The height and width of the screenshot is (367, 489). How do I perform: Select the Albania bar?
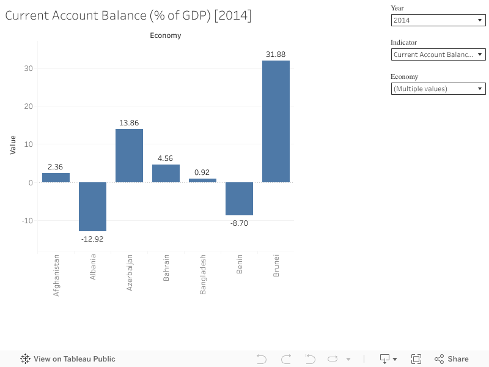[92, 206]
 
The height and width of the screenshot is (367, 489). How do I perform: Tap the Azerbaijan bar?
[129, 155]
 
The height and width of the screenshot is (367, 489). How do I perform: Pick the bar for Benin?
[239, 198]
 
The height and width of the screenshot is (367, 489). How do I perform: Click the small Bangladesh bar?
[202, 180]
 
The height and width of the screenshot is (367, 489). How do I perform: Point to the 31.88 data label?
[276, 54]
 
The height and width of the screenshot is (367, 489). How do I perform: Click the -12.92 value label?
[92, 239]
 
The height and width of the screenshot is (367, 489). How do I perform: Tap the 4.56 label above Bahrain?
[166, 158]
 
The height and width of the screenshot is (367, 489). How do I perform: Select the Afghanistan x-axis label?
[56, 275]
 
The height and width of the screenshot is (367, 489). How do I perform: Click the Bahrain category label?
[166, 268]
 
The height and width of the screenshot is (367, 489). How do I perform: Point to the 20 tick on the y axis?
[29, 106]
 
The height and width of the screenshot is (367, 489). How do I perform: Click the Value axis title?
[13, 144]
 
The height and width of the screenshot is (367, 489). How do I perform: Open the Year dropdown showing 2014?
[438, 20]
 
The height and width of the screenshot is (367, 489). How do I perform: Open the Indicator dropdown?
[438, 54]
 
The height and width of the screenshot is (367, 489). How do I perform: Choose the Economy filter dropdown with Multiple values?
[438, 89]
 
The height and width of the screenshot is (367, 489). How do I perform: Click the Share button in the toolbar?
[452, 359]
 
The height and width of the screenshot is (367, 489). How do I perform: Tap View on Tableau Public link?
[68, 359]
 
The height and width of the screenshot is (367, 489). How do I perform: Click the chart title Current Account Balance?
[128, 16]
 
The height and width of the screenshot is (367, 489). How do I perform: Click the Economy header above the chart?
[166, 35]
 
